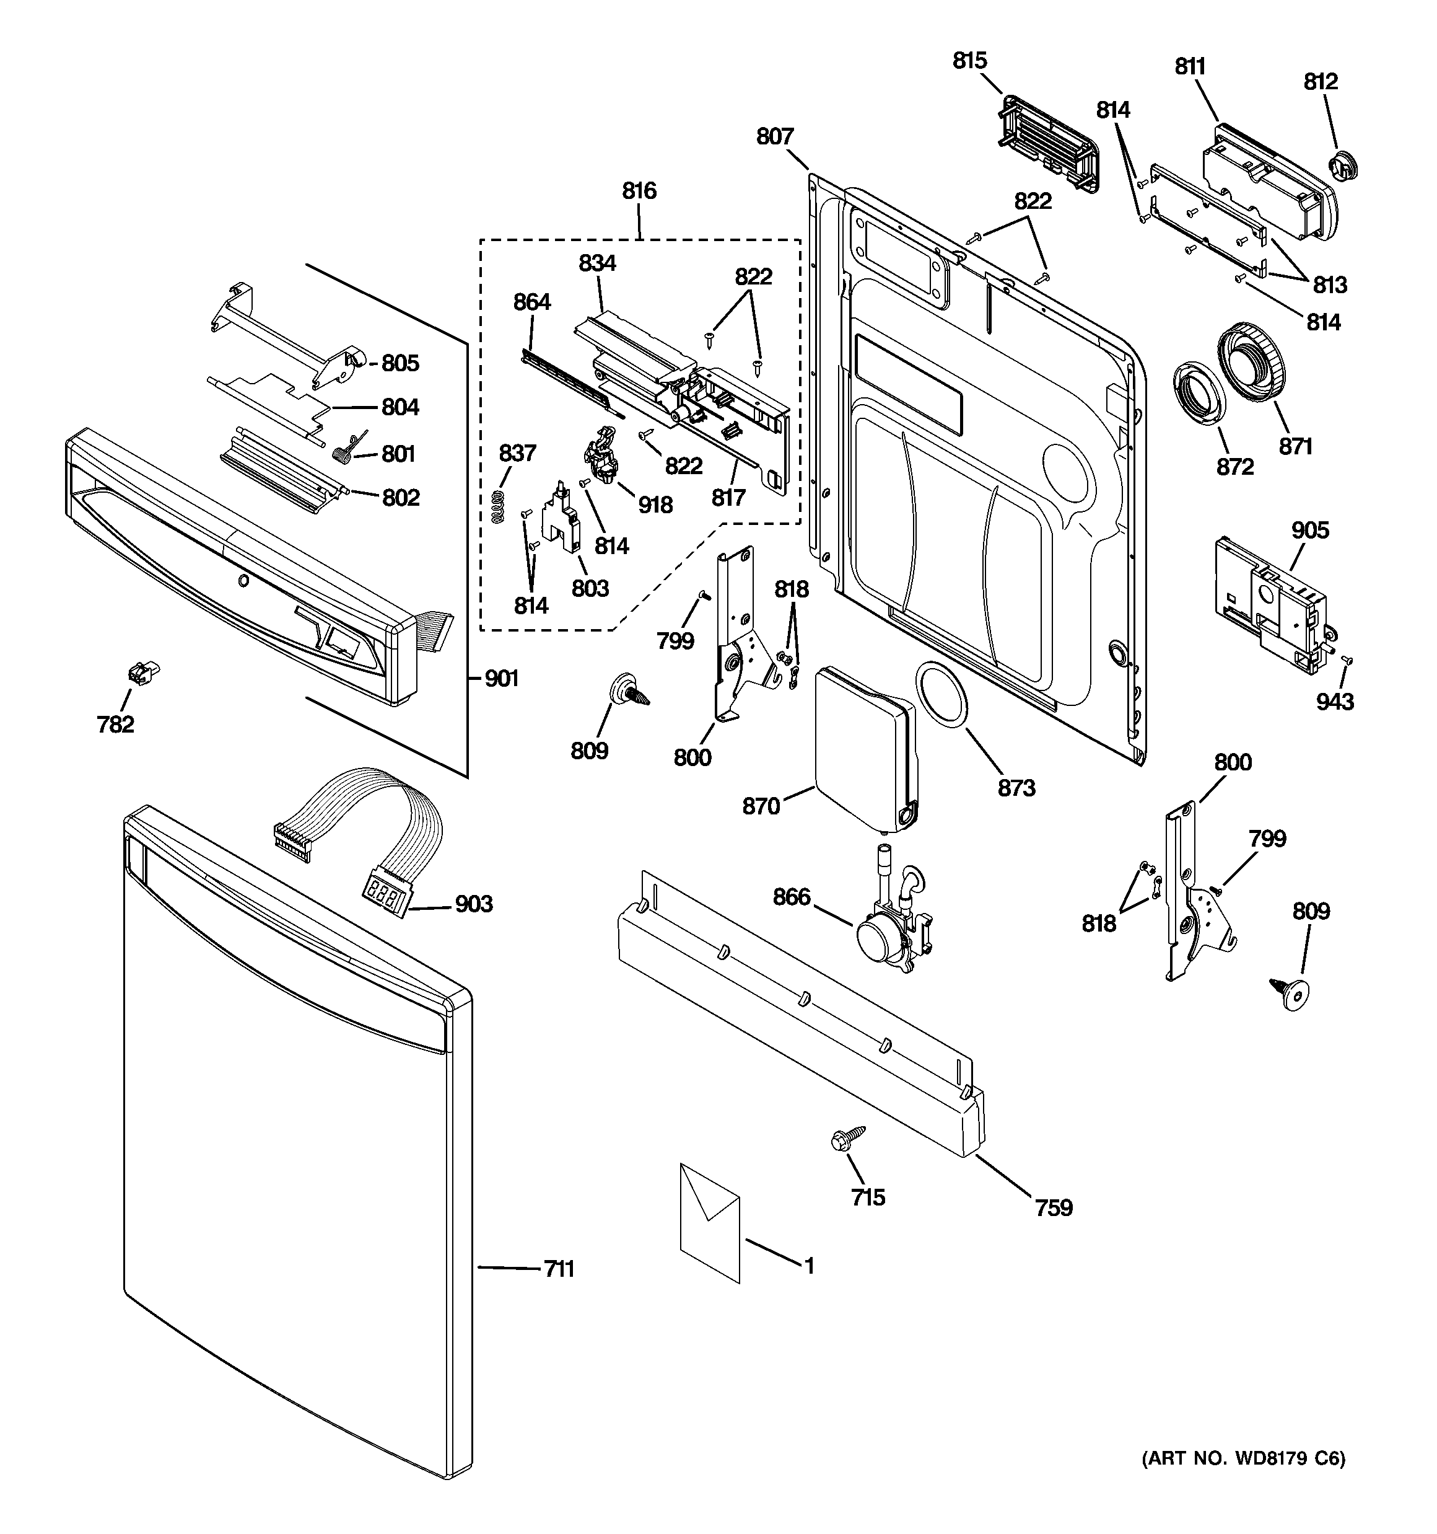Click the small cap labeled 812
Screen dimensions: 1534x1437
pyautogui.click(x=1343, y=167)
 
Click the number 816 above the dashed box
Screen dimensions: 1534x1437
pyautogui.click(x=639, y=191)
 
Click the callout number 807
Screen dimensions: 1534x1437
pyautogui.click(x=774, y=136)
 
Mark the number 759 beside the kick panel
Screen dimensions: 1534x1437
pyautogui.click(x=1054, y=1207)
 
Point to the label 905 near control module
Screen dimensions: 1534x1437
pyautogui.click(x=1311, y=530)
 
